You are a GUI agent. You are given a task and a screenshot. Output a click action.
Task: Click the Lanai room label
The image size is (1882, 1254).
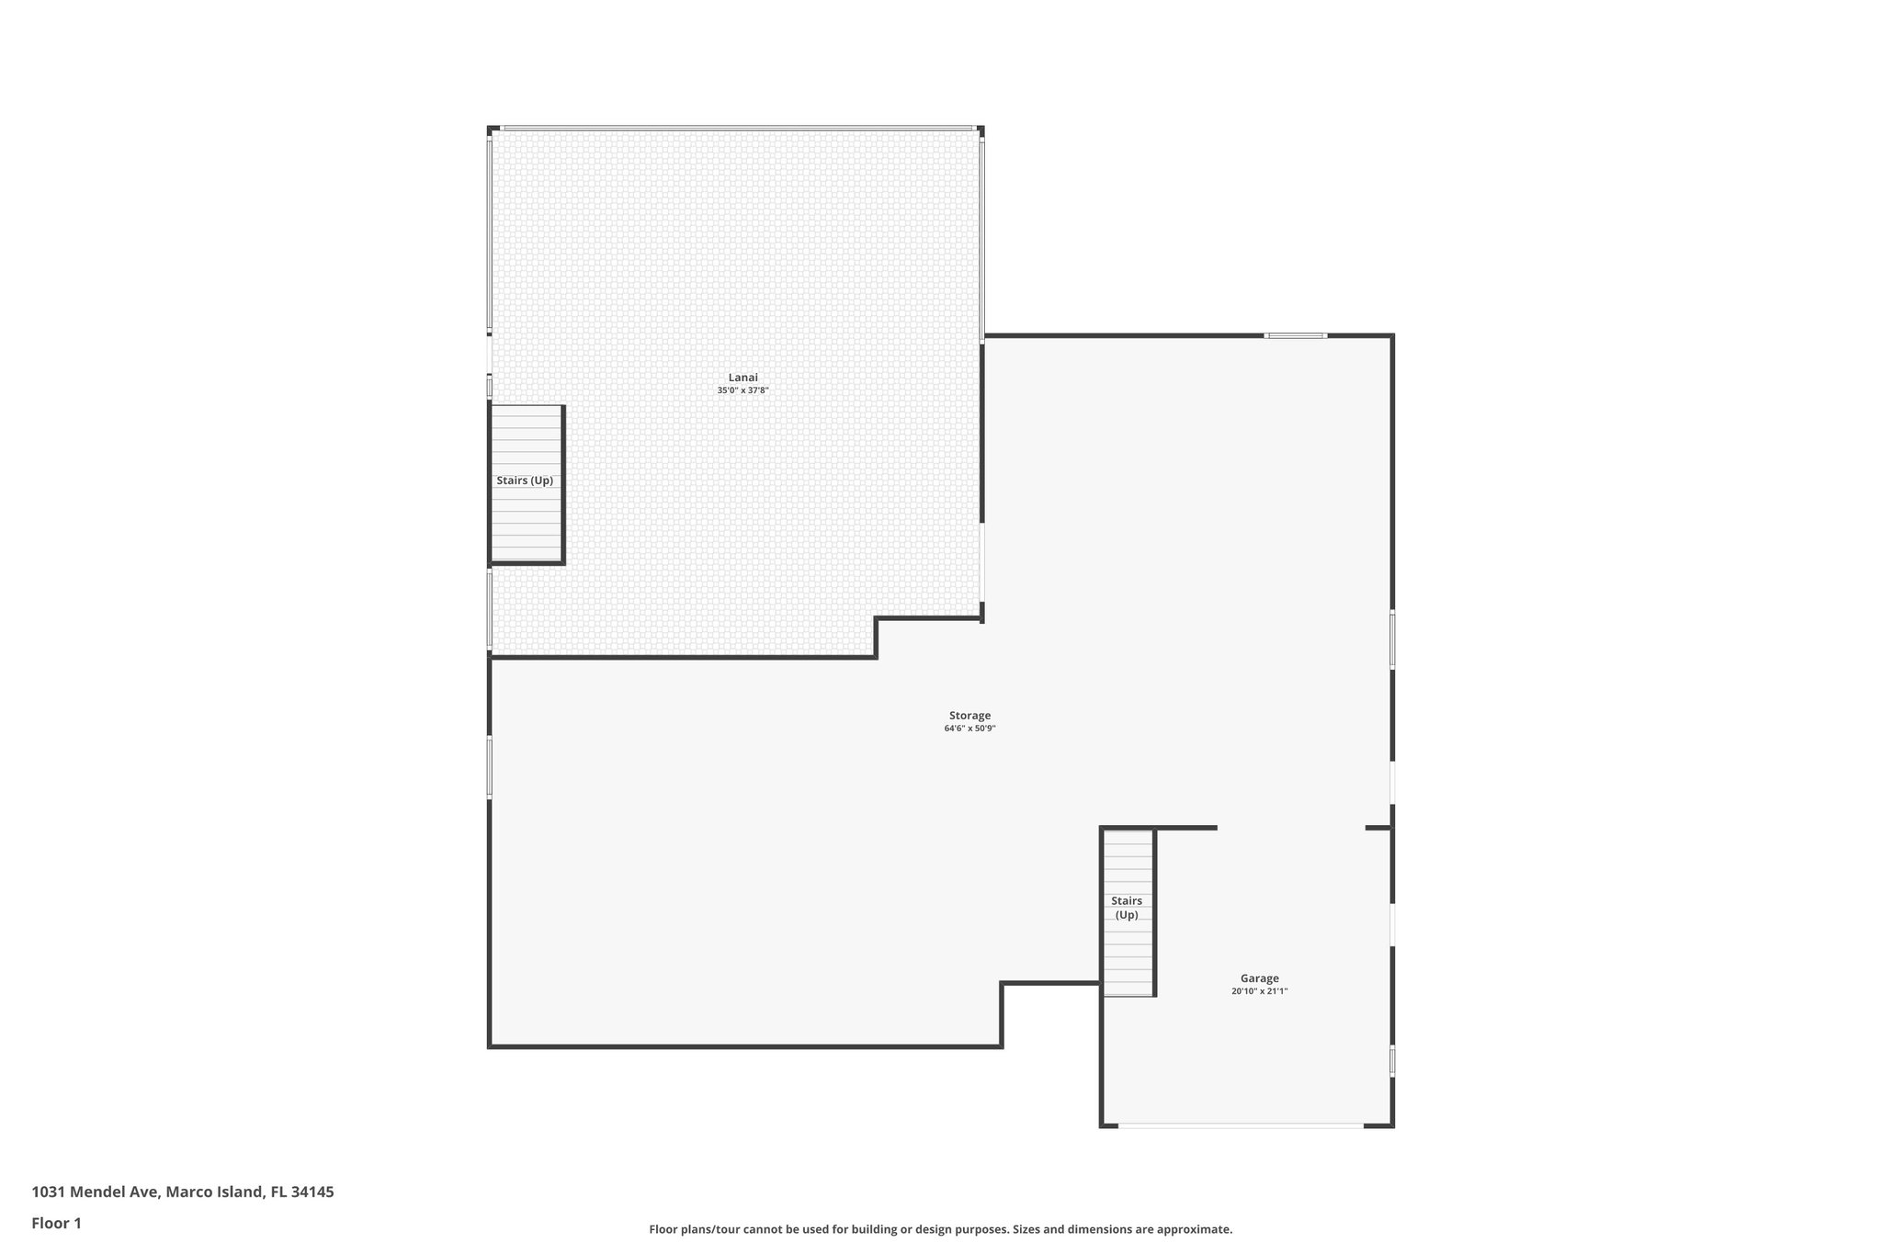743,378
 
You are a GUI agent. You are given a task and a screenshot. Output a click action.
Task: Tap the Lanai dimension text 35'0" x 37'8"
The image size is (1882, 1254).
743,390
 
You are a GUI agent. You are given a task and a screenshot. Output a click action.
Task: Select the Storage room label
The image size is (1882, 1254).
969,716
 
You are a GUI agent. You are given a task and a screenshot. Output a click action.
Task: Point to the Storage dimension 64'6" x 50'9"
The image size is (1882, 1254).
969,729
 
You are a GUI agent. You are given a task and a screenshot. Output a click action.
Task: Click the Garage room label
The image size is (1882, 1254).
1259,978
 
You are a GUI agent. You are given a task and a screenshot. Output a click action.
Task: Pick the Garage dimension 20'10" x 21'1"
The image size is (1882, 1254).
1259,991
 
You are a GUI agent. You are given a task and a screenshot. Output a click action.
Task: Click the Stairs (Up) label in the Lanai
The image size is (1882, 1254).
525,480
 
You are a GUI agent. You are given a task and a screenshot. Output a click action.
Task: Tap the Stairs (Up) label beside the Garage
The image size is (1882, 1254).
1127,908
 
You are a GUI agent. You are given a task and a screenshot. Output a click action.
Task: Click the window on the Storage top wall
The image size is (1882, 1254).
1295,335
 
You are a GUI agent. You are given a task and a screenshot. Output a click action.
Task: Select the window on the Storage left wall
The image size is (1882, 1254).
490,766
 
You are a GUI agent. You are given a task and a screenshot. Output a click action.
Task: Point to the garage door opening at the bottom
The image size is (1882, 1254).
1241,1125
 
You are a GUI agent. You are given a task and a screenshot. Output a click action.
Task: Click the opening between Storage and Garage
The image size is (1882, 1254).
1291,828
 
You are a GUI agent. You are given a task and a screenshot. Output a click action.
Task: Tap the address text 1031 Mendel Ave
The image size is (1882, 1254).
96,1192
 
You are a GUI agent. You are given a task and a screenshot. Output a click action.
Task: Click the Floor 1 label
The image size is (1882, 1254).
57,1224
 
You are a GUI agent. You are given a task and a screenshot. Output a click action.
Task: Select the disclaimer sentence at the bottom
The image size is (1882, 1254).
940,1229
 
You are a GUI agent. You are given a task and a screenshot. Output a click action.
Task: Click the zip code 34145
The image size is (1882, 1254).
312,1192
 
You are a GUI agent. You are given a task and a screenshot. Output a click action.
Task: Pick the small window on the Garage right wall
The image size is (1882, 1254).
1392,1061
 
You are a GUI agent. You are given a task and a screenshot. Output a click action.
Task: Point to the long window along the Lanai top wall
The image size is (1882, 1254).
738,128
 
